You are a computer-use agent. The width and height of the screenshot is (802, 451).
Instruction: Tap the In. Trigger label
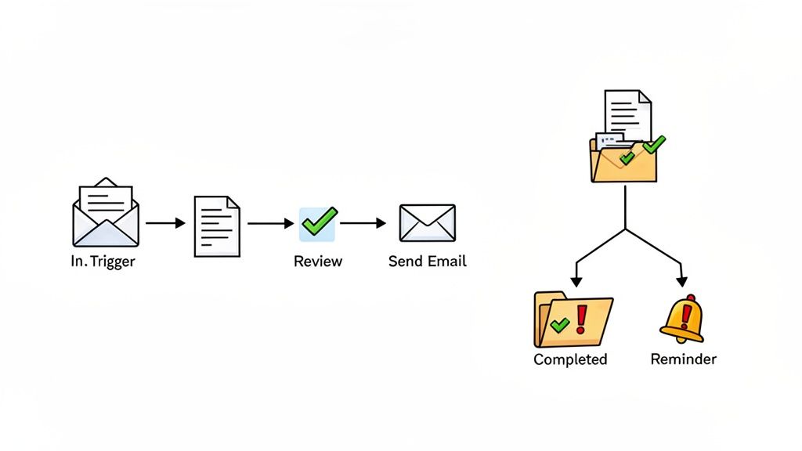coord(103,262)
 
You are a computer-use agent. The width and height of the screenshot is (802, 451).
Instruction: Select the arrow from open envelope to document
coord(165,224)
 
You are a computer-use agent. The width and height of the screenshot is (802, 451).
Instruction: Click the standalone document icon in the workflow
coord(217,226)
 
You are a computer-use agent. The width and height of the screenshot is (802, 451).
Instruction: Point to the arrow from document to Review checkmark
coord(270,224)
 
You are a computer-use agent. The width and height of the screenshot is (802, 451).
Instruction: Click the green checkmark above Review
coord(318,222)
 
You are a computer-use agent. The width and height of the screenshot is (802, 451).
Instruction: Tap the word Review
coord(318,262)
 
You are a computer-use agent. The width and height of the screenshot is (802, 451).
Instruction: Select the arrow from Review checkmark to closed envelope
coord(363,224)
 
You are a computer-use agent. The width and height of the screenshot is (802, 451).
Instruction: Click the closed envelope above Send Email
coord(427,222)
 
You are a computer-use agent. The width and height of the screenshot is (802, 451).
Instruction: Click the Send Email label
coord(428,262)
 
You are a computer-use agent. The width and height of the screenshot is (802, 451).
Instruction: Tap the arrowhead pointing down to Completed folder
coord(576,281)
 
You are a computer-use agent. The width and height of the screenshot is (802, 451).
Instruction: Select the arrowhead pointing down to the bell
coord(681,281)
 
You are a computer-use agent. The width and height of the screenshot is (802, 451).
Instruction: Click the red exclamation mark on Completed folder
coord(581,319)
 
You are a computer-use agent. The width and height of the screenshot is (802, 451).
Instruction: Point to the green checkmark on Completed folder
coord(559,323)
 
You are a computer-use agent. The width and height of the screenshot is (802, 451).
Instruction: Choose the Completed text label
coord(570,359)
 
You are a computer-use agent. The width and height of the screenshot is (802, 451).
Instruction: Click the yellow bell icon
coord(681,319)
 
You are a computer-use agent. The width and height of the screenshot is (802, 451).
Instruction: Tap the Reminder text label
coord(683,359)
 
